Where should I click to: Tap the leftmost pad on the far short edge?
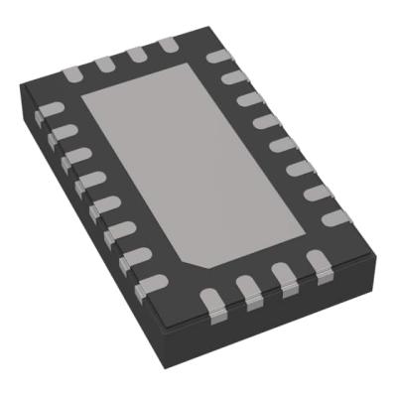[71, 72]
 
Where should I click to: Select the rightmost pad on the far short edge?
[165, 45]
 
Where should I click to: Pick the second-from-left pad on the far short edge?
[103, 64]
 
